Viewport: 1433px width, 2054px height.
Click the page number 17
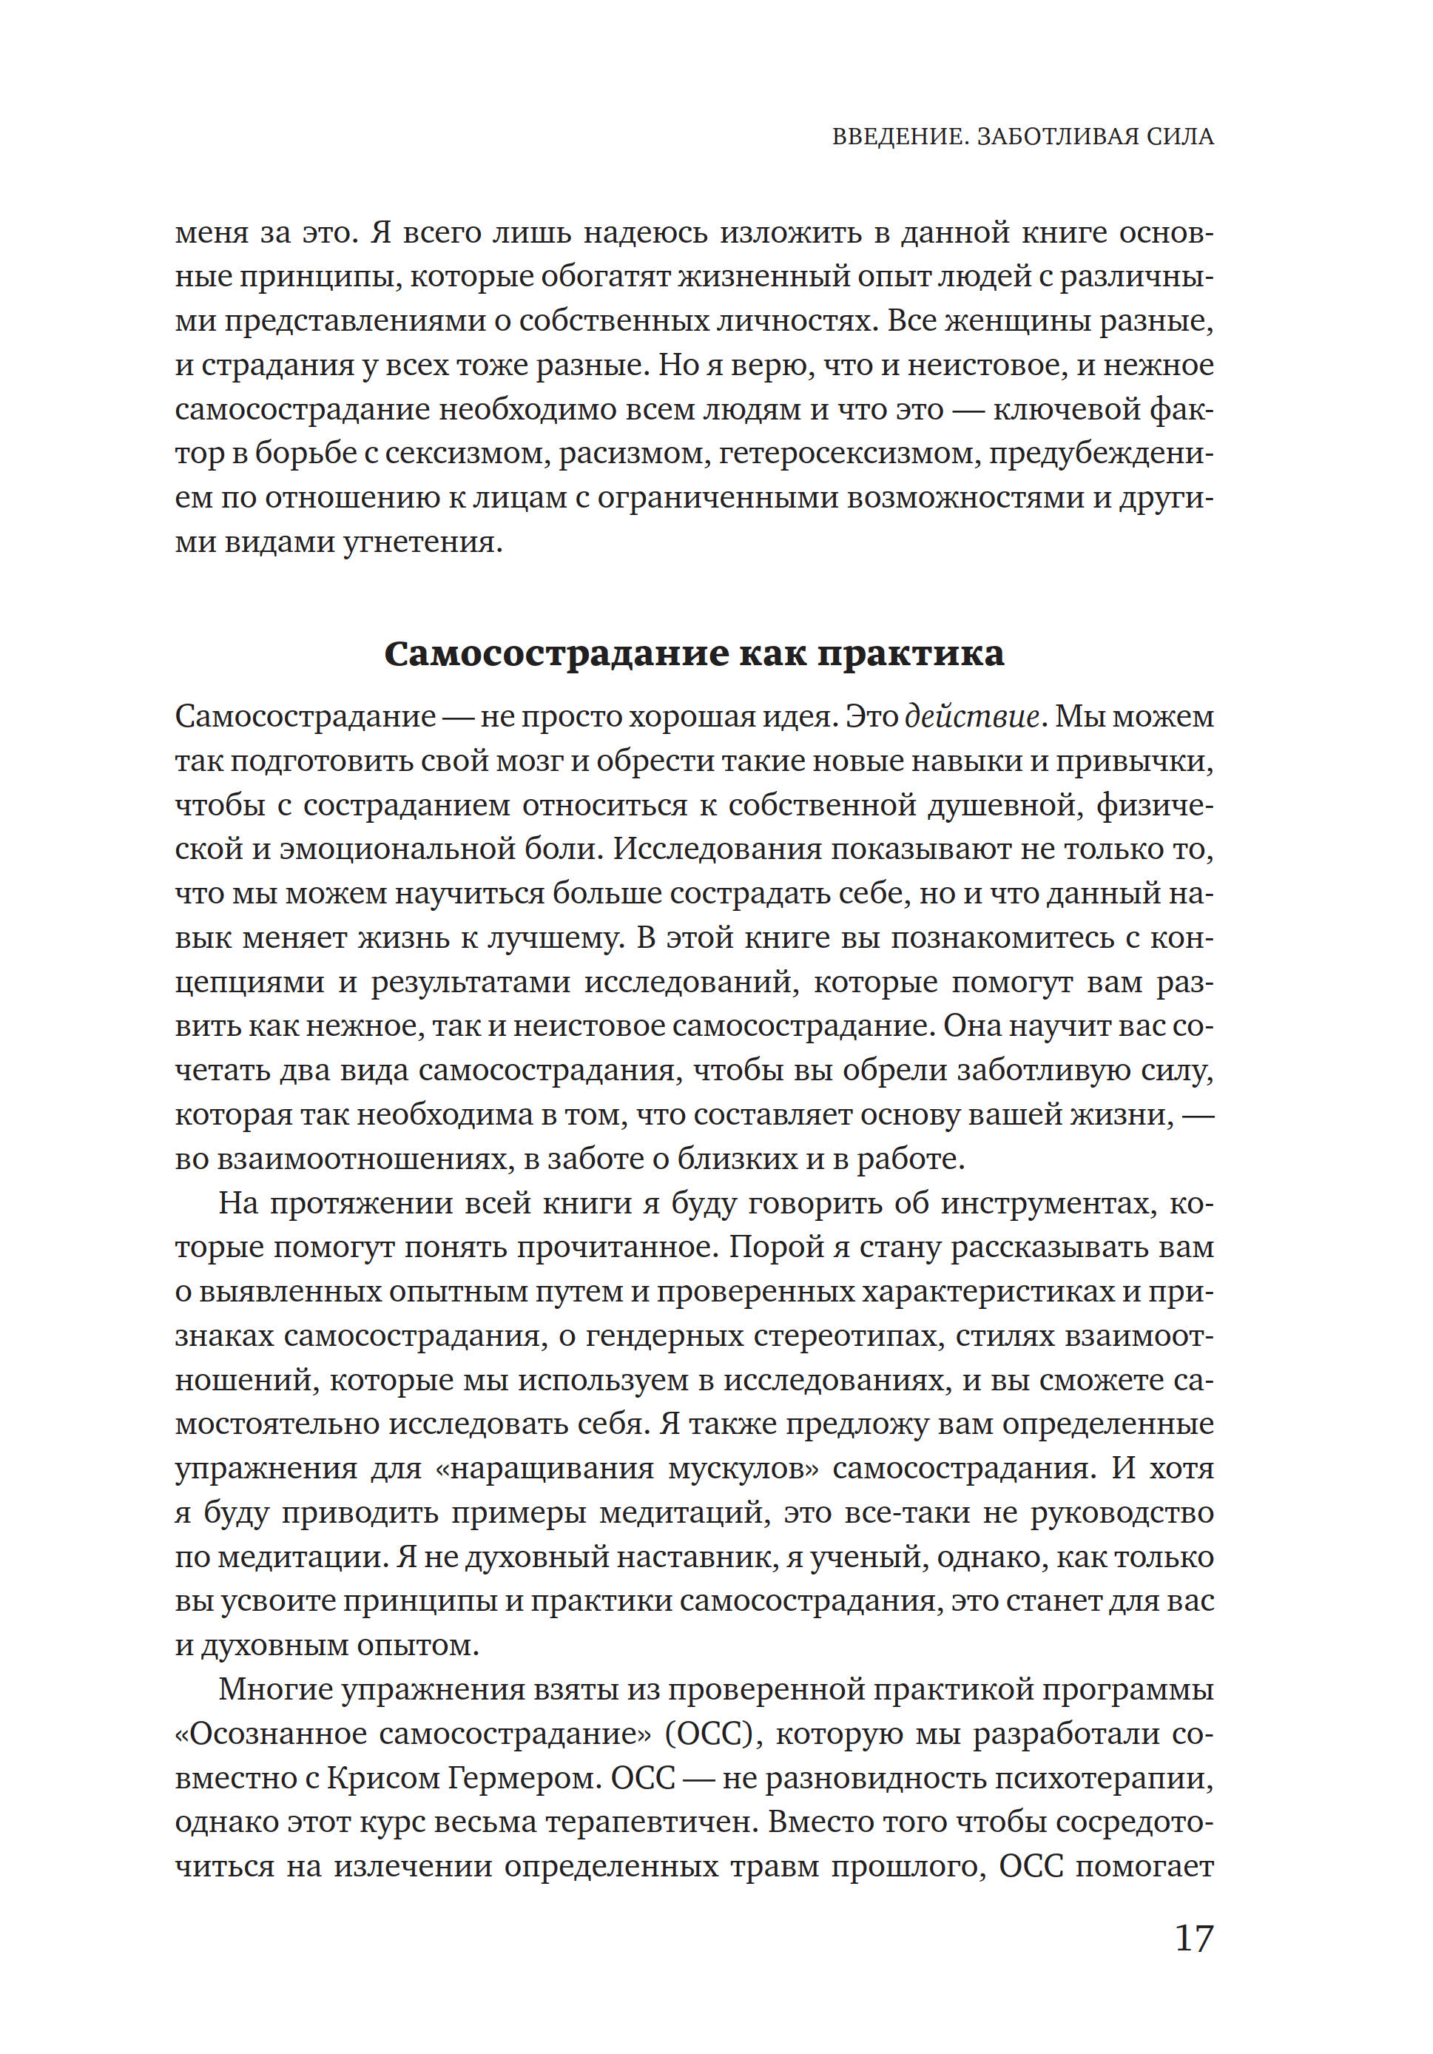pos(1193,1938)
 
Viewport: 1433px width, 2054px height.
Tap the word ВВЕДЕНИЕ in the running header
pos(898,137)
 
